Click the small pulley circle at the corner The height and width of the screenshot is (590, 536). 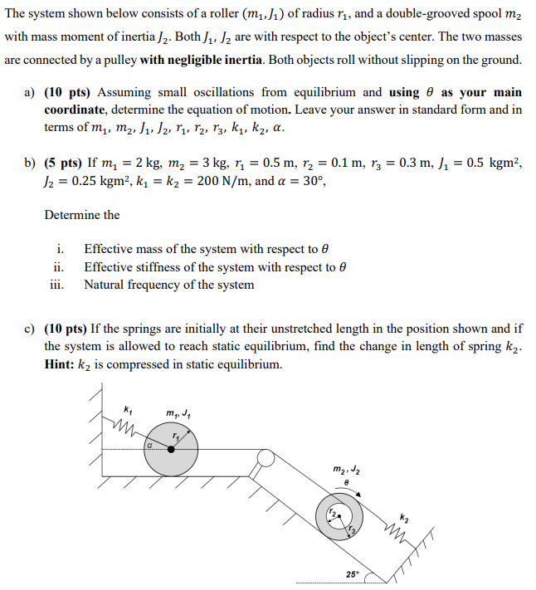266,457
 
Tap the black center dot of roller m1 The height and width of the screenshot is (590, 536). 171,449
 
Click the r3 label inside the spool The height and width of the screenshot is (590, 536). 352,532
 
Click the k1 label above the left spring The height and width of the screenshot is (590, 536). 127,407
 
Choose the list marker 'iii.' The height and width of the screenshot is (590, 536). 56,285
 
